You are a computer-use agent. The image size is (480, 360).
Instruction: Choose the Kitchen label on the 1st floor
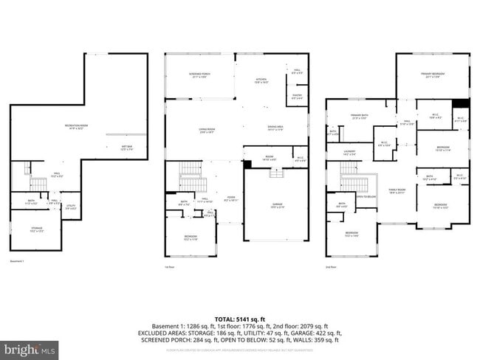[x=261, y=80]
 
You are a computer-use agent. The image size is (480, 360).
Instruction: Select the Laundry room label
[x=349, y=153]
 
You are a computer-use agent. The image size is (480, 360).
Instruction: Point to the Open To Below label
[x=366, y=197]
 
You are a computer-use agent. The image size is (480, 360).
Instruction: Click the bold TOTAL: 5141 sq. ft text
[x=241, y=316]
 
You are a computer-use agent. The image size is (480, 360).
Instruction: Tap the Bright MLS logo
[x=30, y=347]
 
